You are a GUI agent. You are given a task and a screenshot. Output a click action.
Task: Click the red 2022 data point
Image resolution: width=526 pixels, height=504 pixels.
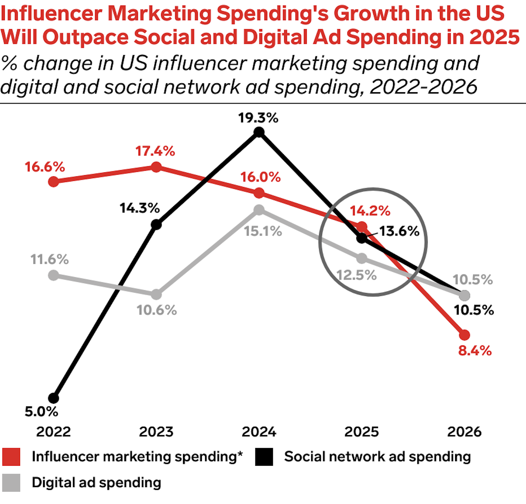coord(53,182)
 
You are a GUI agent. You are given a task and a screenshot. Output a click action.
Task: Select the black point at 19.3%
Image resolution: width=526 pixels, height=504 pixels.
coord(259,132)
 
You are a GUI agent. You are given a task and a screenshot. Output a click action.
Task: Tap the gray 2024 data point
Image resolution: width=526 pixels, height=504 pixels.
coord(259,210)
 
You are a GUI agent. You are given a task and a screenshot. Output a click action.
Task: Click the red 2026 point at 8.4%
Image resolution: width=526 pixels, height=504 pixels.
coord(464,335)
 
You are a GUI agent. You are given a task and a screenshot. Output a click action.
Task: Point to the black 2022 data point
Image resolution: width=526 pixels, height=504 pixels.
coord(53,398)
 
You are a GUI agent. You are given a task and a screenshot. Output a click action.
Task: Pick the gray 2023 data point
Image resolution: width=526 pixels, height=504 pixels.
coord(156,295)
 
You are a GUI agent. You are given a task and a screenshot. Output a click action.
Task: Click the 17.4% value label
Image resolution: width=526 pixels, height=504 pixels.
coord(155,151)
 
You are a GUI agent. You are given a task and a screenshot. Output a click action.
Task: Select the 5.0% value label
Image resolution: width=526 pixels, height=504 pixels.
coord(42,412)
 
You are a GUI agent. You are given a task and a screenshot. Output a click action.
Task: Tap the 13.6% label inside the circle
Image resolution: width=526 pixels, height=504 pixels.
coord(399,231)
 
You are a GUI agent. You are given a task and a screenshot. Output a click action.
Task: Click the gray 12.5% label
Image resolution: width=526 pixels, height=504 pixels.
coord(357,275)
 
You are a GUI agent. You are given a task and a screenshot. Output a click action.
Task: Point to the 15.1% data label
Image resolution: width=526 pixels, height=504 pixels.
coord(263,231)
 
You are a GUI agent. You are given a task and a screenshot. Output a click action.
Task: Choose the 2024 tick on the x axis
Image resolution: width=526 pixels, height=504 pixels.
coord(259,432)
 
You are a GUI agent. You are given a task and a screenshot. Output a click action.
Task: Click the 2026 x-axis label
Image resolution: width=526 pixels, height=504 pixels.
coord(464,432)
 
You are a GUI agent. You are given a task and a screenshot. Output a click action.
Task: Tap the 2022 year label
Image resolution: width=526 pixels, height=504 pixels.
coord(53,432)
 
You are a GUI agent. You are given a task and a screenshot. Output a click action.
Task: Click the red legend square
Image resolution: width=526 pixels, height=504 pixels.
coord(11,457)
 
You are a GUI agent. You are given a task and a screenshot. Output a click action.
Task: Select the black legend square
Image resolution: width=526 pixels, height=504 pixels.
coord(264,457)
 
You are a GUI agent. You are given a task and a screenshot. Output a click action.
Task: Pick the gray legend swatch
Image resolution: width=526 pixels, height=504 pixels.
coord(11,483)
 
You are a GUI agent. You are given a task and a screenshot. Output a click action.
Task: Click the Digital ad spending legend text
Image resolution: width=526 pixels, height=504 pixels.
coord(96,483)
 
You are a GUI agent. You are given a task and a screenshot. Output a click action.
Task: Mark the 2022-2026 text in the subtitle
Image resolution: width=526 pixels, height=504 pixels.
coord(423,87)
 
